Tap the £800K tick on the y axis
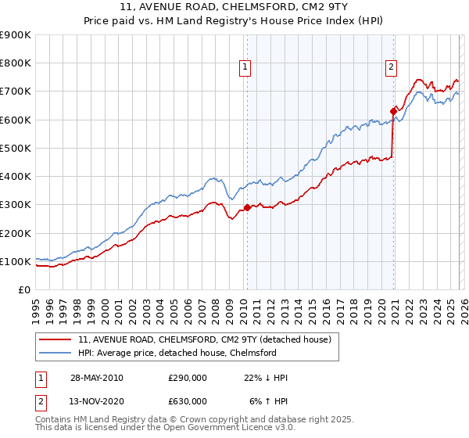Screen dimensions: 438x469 point(16,63)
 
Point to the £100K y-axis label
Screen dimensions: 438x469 point(16,261)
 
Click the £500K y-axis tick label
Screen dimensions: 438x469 point(16,148)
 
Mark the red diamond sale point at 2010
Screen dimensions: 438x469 point(248,208)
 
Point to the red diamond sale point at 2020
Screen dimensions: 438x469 point(393,111)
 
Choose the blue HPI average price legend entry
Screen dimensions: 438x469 point(188,353)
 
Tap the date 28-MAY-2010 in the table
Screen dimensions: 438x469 point(96,378)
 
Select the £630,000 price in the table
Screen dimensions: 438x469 point(188,401)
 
